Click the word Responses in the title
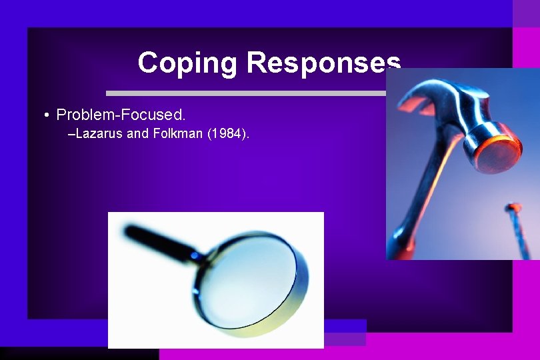[323, 63]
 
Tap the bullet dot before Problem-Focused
[46, 115]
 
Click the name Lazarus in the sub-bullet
[99, 134]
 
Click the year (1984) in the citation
[228, 134]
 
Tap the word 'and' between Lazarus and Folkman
[137, 134]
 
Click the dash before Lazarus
[72, 134]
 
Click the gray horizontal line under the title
[247, 93]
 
